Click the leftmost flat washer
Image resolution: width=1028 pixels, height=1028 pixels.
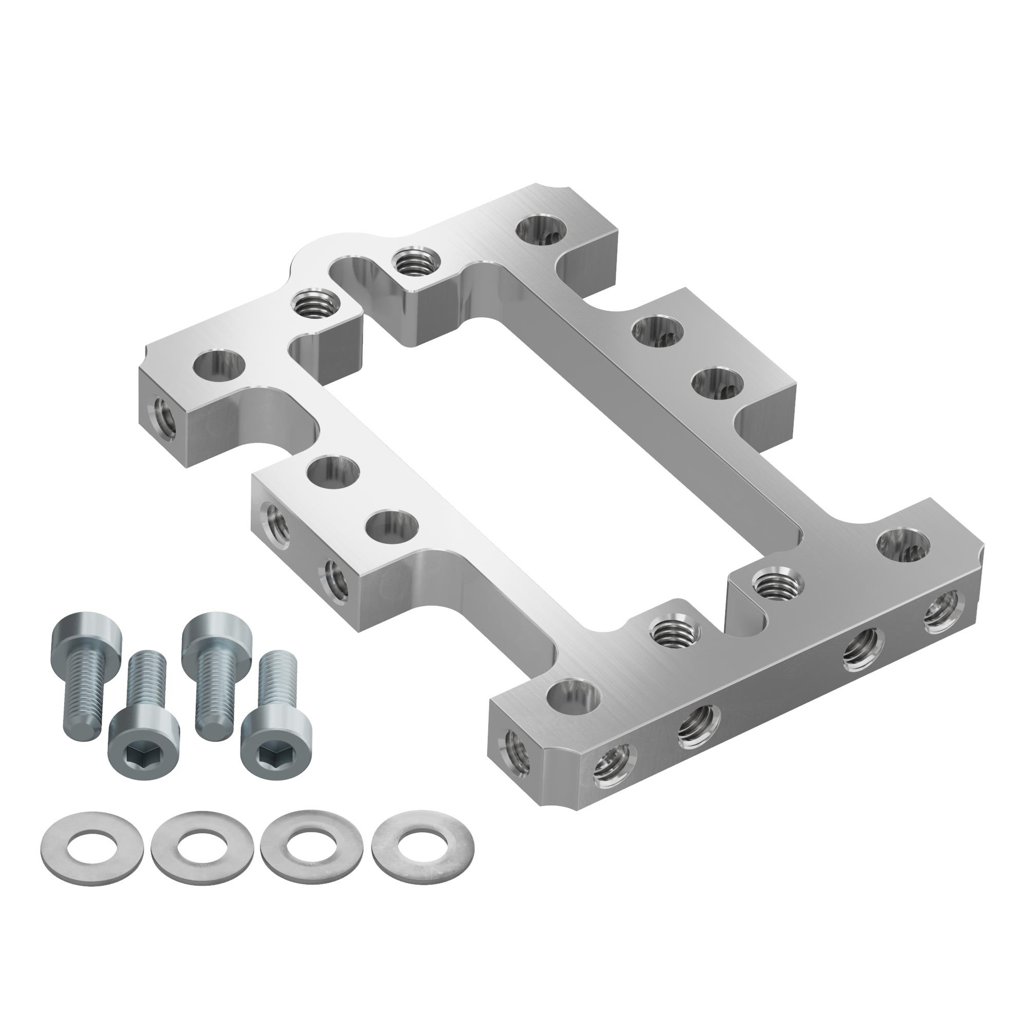pos(91,849)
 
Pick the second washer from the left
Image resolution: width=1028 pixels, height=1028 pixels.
pos(201,849)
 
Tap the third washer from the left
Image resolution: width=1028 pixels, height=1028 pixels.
pos(312,848)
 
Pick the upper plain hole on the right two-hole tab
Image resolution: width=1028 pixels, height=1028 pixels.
pos(656,332)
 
